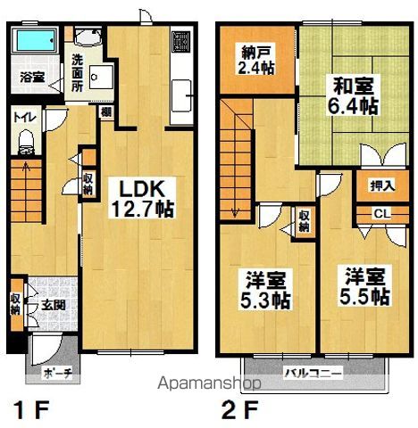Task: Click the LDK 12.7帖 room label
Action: pos(141,199)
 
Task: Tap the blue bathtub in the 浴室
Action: pos(39,40)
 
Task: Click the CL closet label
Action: pos(381,214)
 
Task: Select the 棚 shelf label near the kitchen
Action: pos(105,111)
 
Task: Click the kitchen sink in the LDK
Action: pos(185,95)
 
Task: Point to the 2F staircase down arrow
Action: pos(236,212)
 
